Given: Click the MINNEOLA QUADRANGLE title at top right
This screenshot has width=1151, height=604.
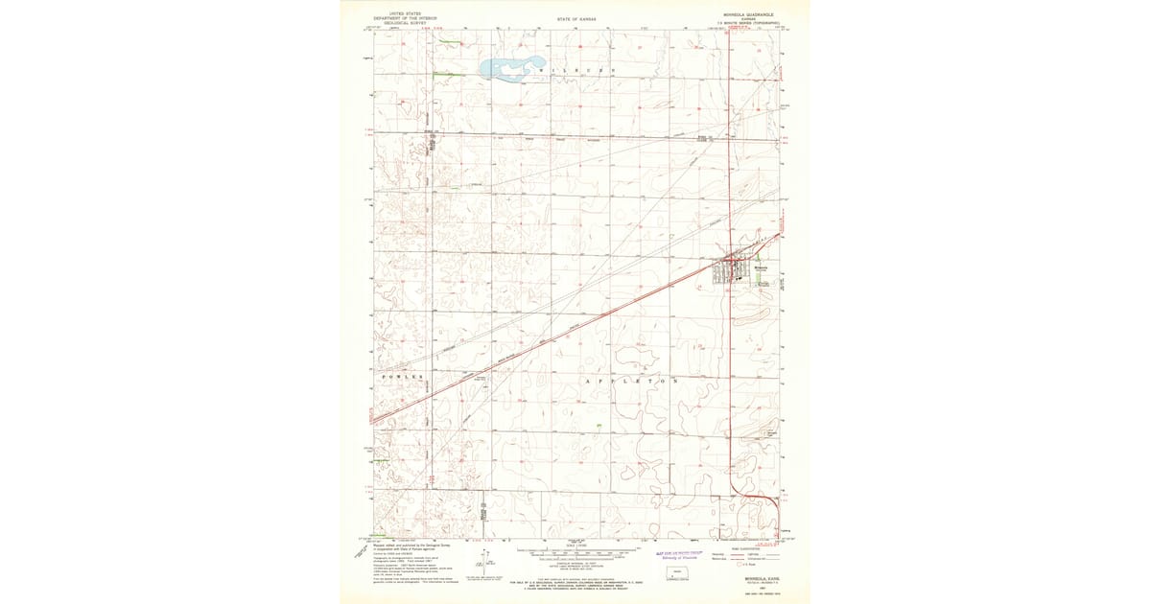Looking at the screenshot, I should click(x=745, y=14).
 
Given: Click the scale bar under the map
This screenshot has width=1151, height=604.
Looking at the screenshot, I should click(x=576, y=553).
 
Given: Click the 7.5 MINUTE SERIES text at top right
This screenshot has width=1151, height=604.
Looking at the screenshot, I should click(x=745, y=23).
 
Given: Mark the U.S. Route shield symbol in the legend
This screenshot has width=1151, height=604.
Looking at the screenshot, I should click(x=728, y=568).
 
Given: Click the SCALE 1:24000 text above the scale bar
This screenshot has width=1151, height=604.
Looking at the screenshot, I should click(x=575, y=546).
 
